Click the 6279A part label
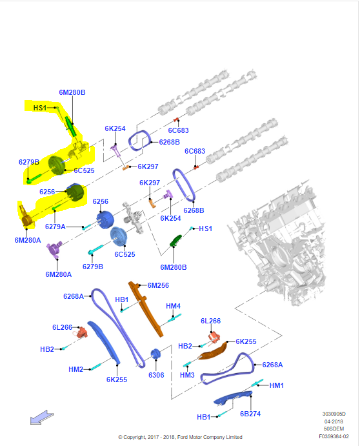55,227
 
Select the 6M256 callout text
158,285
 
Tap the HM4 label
173,306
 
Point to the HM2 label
76,369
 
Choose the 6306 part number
157,374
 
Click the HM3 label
187,375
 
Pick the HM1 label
276,385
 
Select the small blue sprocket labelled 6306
155,355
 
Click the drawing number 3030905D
334,414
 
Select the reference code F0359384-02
334,435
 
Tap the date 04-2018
334,421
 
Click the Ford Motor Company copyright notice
180,437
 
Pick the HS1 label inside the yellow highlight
39,108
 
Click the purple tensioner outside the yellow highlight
53,249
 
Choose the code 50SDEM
334,428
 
